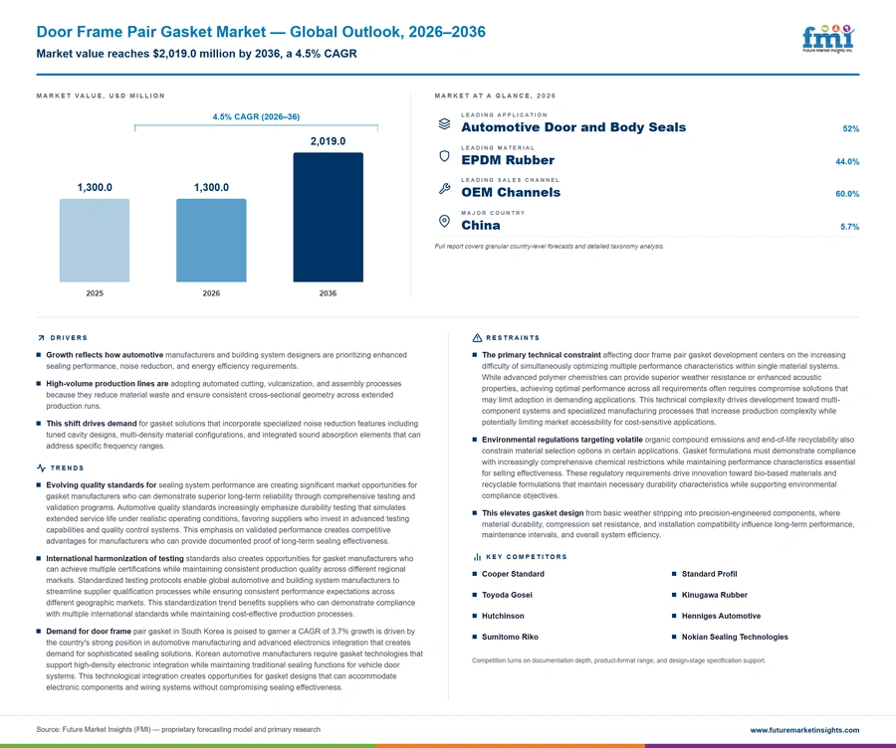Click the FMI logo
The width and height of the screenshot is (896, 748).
click(828, 39)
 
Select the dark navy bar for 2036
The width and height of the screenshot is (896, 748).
click(328, 217)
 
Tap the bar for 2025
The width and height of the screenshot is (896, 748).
click(95, 241)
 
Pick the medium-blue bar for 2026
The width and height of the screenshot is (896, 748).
click(211, 241)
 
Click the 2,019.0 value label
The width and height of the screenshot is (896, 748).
click(328, 141)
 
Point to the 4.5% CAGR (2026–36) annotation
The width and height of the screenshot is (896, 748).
click(256, 116)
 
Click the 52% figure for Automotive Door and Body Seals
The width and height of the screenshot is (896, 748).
click(851, 129)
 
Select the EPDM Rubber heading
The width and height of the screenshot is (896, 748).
click(508, 160)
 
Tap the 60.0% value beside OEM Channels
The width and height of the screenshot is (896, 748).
click(847, 194)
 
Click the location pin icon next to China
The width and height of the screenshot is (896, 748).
click(444, 221)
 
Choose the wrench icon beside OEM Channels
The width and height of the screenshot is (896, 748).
click(445, 188)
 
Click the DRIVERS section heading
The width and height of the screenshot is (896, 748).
click(69, 338)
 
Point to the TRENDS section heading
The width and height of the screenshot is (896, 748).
click(67, 468)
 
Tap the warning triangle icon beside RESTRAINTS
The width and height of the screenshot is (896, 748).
click(477, 338)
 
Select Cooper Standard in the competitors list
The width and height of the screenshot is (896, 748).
click(513, 574)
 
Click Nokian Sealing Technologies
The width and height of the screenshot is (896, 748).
click(735, 637)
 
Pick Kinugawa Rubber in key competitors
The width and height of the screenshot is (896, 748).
click(714, 595)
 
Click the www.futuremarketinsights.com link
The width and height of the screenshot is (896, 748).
click(804, 730)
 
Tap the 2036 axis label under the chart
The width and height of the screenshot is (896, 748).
click(328, 293)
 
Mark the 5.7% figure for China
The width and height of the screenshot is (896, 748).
click(850, 227)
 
